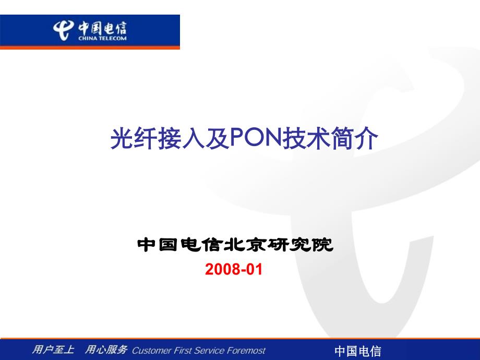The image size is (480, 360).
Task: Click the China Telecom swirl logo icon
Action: [63, 30]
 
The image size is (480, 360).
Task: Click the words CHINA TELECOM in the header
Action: [102, 39]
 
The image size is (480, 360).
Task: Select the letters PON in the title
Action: [256, 138]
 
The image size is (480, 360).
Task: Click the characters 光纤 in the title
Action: [134, 139]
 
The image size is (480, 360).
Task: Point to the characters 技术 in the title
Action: [306, 139]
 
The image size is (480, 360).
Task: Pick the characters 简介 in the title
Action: [354, 139]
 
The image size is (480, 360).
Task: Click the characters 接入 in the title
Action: [182, 139]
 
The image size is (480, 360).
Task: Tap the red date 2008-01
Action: [234, 269]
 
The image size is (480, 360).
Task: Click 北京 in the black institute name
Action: [246, 245]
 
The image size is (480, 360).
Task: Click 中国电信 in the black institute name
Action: [181, 245]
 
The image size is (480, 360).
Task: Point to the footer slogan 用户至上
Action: [53, 349]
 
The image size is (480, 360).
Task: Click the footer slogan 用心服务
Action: [106, 349]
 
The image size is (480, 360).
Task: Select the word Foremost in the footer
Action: [246, 351]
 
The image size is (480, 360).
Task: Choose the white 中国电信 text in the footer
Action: [357, 351]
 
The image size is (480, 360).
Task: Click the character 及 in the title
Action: [218, 139]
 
